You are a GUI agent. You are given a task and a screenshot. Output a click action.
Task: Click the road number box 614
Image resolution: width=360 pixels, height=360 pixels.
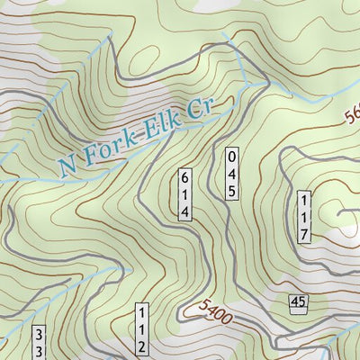tap(184, 194)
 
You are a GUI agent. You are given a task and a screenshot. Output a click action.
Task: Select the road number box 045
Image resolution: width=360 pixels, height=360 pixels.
tap(231, 173)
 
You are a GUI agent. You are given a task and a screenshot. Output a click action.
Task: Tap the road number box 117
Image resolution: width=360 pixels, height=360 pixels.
tap(304, 217)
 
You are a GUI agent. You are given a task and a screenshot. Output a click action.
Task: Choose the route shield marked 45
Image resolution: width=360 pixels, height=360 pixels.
tap(298, 303)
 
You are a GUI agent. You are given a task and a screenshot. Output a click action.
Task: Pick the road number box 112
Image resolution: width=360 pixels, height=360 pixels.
tap(141, 330)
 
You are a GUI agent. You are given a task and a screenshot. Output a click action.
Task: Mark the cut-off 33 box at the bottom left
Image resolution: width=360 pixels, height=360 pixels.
tap(39, 343)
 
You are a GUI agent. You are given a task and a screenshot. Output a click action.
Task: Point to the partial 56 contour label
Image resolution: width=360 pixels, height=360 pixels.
tap(351, 115)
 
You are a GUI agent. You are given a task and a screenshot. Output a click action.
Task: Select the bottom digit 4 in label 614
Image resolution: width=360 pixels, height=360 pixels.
tap(184, 211)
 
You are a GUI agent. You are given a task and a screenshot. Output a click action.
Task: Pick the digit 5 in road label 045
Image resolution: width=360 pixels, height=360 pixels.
tap(231, 190)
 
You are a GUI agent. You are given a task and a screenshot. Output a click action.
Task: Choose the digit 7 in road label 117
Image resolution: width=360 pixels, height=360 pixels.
tap(304, 234)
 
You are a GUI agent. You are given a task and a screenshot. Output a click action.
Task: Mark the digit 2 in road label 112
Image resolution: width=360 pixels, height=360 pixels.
tap(141, 347)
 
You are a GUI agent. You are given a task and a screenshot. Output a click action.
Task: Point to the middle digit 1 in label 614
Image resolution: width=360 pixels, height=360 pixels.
tap(184, 194)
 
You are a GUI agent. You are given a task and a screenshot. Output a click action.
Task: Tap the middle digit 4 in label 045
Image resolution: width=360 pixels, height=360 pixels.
tap(231, 173)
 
